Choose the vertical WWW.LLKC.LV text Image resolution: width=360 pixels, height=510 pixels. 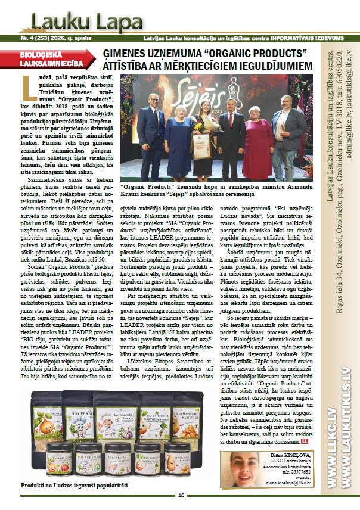point(332,441)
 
